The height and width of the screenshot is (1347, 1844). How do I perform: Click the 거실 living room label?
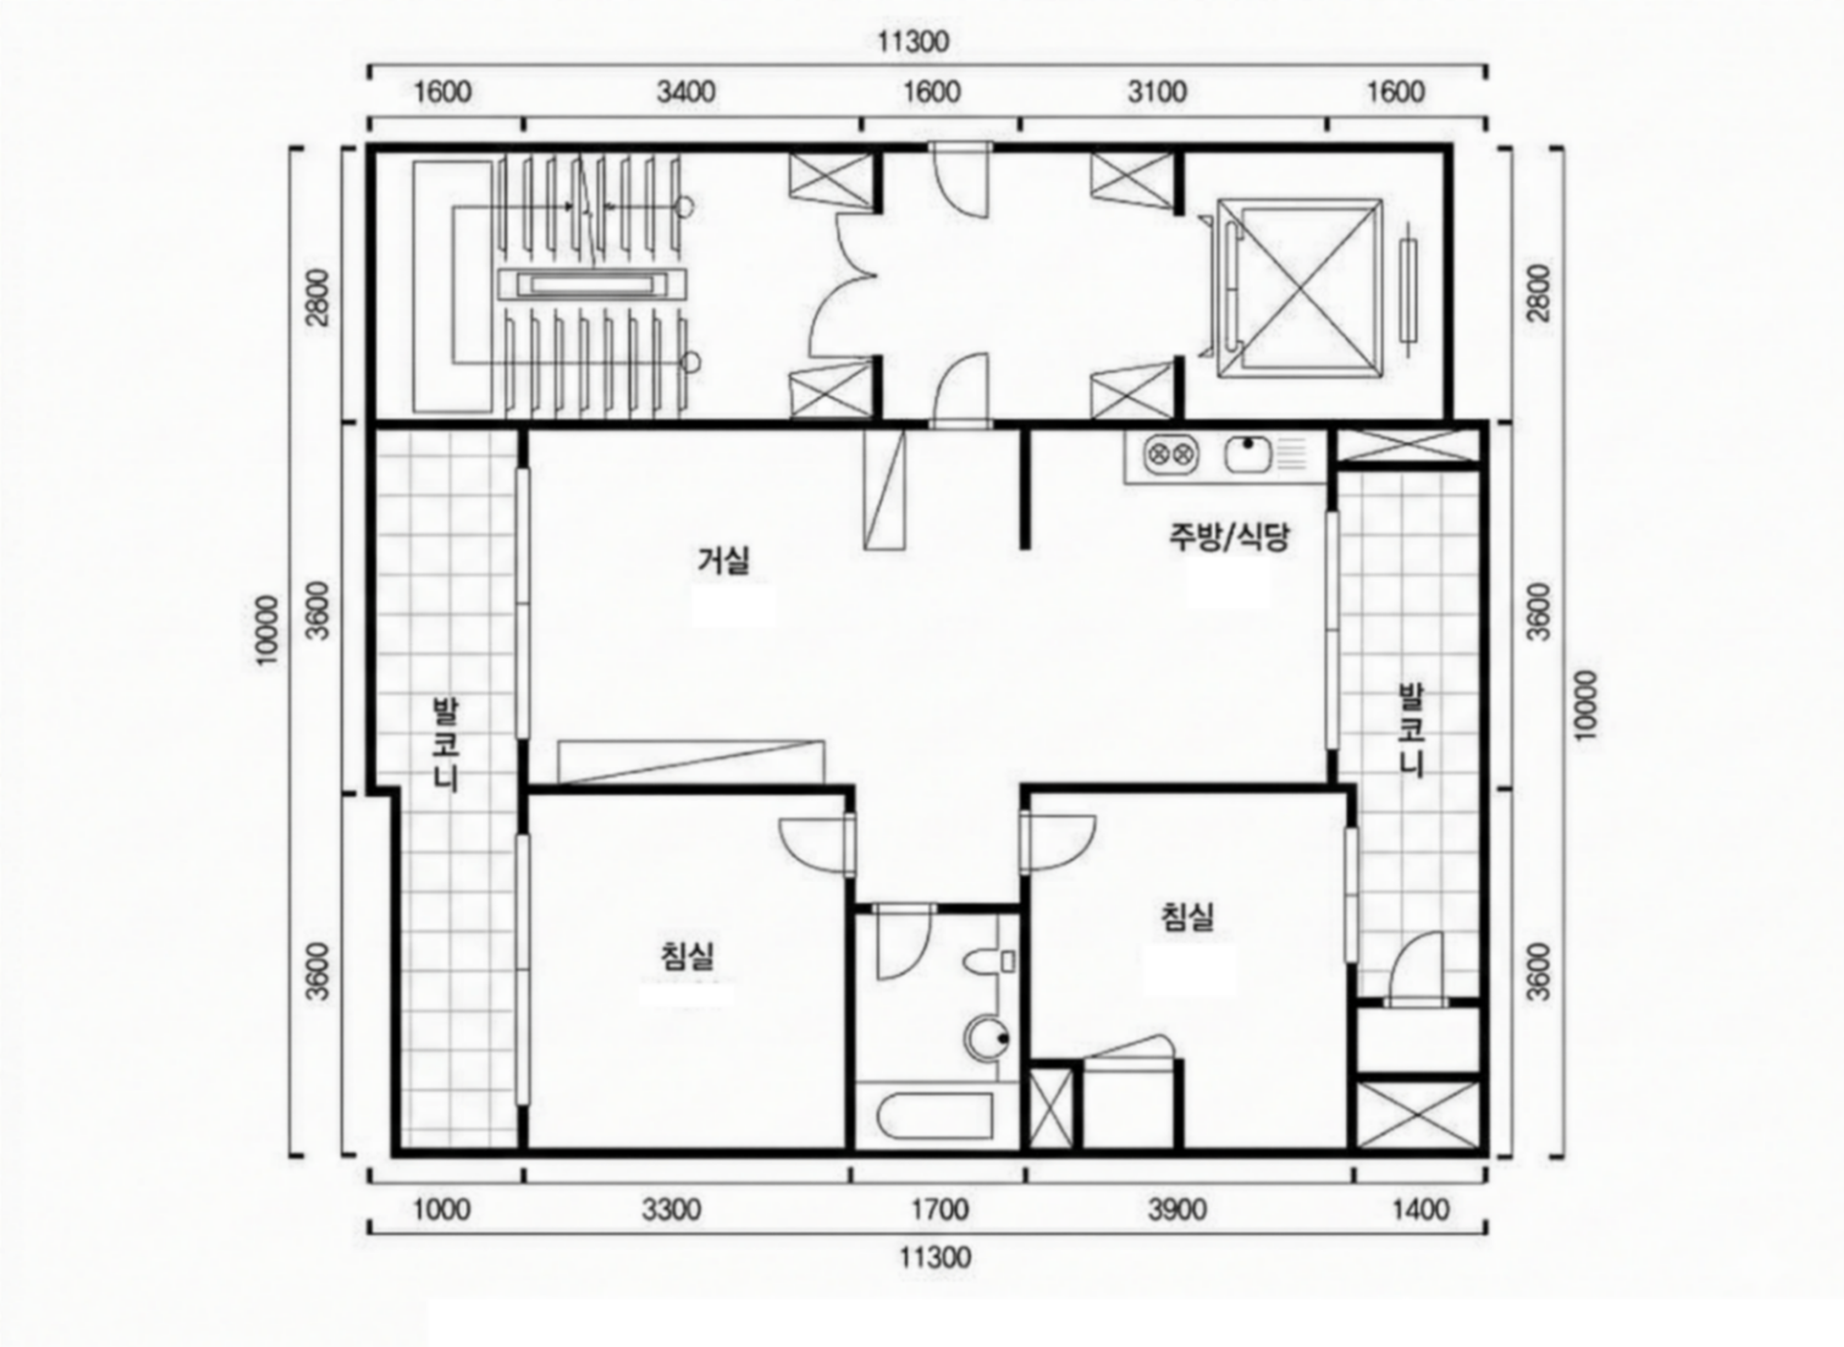tap(724, 561)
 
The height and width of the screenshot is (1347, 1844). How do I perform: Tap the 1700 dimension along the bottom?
tap(940, 1209)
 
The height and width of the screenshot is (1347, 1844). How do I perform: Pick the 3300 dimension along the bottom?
tap(671, 1209)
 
